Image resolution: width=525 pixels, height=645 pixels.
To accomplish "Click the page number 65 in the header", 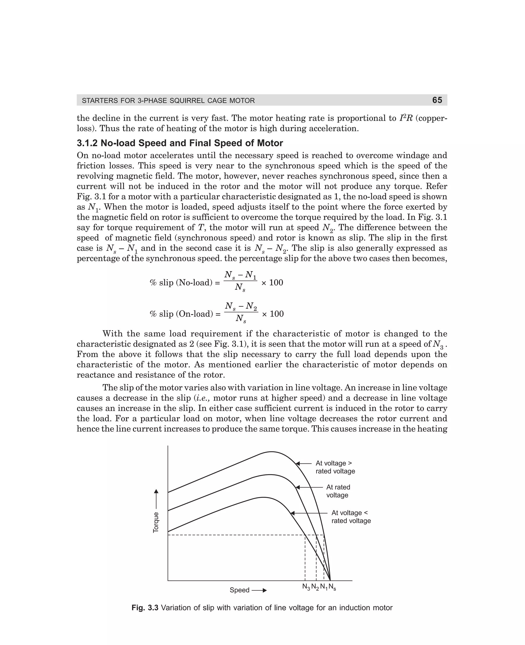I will coord(437,100).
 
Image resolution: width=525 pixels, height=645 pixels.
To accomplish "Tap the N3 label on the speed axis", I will coord(306,587).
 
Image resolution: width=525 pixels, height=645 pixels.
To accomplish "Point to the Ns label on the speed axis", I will coord(332,587).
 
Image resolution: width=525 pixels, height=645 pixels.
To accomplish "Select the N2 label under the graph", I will coord(315,587).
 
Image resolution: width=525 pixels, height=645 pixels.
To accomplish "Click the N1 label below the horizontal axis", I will coord(324,587).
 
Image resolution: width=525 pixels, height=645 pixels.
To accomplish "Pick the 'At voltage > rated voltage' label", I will coord(335,467).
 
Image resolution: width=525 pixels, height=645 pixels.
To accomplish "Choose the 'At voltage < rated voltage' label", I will coord(350,517).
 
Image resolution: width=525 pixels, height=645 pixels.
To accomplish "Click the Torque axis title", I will coord(156,522).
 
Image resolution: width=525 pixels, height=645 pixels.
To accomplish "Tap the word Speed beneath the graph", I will coord(239,590).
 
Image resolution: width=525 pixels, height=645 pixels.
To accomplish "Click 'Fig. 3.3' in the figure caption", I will coord(145,608).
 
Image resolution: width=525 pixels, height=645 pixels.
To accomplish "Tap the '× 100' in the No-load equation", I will coord(272,283).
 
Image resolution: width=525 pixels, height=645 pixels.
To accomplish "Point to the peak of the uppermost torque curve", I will coord(271,452).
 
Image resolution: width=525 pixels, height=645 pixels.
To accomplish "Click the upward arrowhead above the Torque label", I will coord(156,491).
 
